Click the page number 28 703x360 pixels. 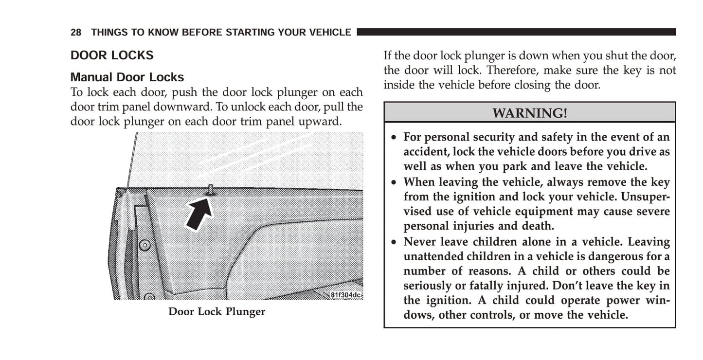[75, 32]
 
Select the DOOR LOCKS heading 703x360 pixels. [112, 55]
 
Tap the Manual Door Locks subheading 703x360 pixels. [127, 77]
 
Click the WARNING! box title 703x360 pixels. [530, 113]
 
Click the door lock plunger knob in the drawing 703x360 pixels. [211, 190]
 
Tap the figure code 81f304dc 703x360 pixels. [346, 295]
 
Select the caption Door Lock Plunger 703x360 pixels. [216, 311]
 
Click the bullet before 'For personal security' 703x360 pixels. [394, 137]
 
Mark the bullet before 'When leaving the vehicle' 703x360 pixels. [394, 182]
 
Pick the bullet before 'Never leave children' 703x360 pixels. [394, 242]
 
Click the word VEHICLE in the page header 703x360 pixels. [330, 32]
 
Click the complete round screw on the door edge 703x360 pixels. [144, 245]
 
